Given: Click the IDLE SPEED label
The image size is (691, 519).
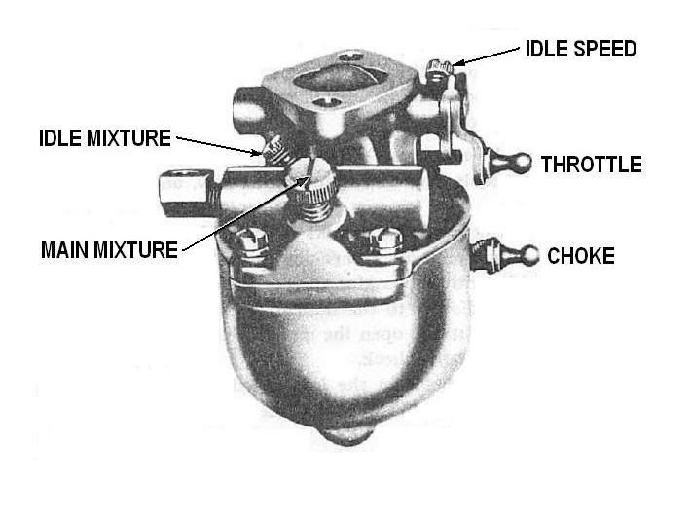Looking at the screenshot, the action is [x=581, y=49].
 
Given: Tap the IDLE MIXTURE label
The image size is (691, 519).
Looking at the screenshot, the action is [x=105, y=138].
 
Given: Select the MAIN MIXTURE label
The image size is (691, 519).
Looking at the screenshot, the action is [x=109, y=250].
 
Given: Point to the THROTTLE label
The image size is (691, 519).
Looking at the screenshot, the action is [x=592, y=165].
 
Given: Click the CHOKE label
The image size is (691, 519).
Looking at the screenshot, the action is [x=581, y=256].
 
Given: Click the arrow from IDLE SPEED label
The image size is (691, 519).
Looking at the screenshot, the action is [x=486, y=56].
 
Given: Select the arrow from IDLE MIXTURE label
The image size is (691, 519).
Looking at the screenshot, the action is [x=219, y=146].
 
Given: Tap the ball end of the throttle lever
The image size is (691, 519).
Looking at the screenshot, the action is [x=523, y=163].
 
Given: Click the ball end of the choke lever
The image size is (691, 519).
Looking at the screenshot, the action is [x=529, y=256].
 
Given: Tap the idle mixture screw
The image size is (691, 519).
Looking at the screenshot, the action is [x=275, y=150].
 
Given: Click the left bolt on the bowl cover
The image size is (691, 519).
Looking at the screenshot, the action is [x=252, y=242].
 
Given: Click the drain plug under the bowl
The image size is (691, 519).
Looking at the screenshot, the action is [x=345, y=435].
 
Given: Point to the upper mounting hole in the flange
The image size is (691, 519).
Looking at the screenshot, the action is [x=350, y=56].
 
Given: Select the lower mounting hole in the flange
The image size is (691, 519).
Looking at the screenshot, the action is [x=326, y=102].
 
